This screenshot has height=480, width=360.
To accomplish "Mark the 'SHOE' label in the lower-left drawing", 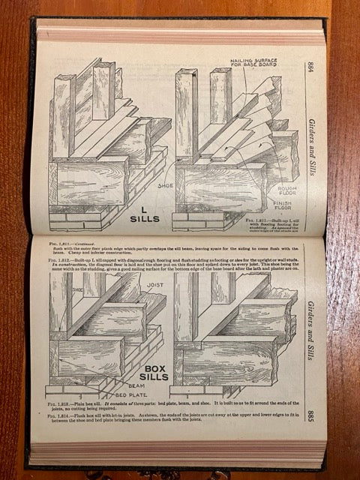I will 76,286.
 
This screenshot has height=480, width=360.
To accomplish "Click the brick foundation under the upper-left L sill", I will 82,217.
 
